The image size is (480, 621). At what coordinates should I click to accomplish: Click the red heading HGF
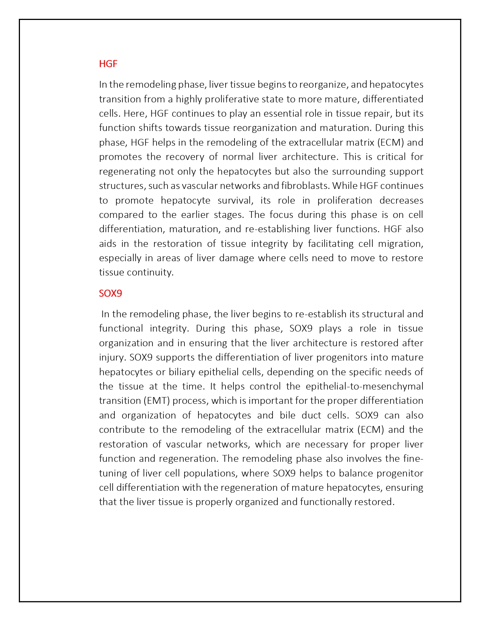(108, 64)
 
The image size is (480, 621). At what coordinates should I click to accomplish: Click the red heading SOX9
(110, 293)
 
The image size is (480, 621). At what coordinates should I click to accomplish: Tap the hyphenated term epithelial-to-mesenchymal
(364, 386)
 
